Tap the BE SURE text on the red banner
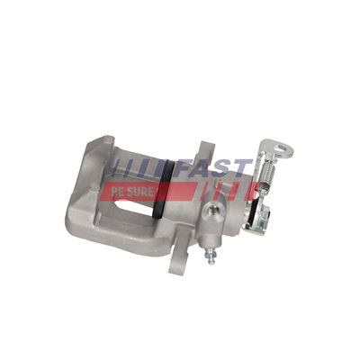coord(128,192)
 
